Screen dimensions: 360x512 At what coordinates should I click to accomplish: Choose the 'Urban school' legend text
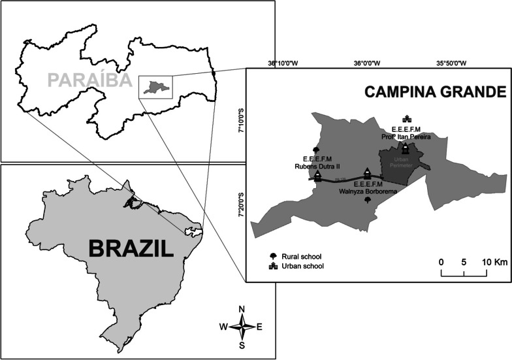click(x=304, y=266)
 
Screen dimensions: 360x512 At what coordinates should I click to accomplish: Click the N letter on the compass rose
click(x=242, y=309)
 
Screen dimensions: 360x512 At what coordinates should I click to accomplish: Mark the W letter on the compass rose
click(x=223, y=327)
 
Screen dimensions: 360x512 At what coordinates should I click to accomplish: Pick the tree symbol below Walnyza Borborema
click(x=367, y=201)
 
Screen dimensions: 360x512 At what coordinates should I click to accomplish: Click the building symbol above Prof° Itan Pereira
click(x=407, y=119)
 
